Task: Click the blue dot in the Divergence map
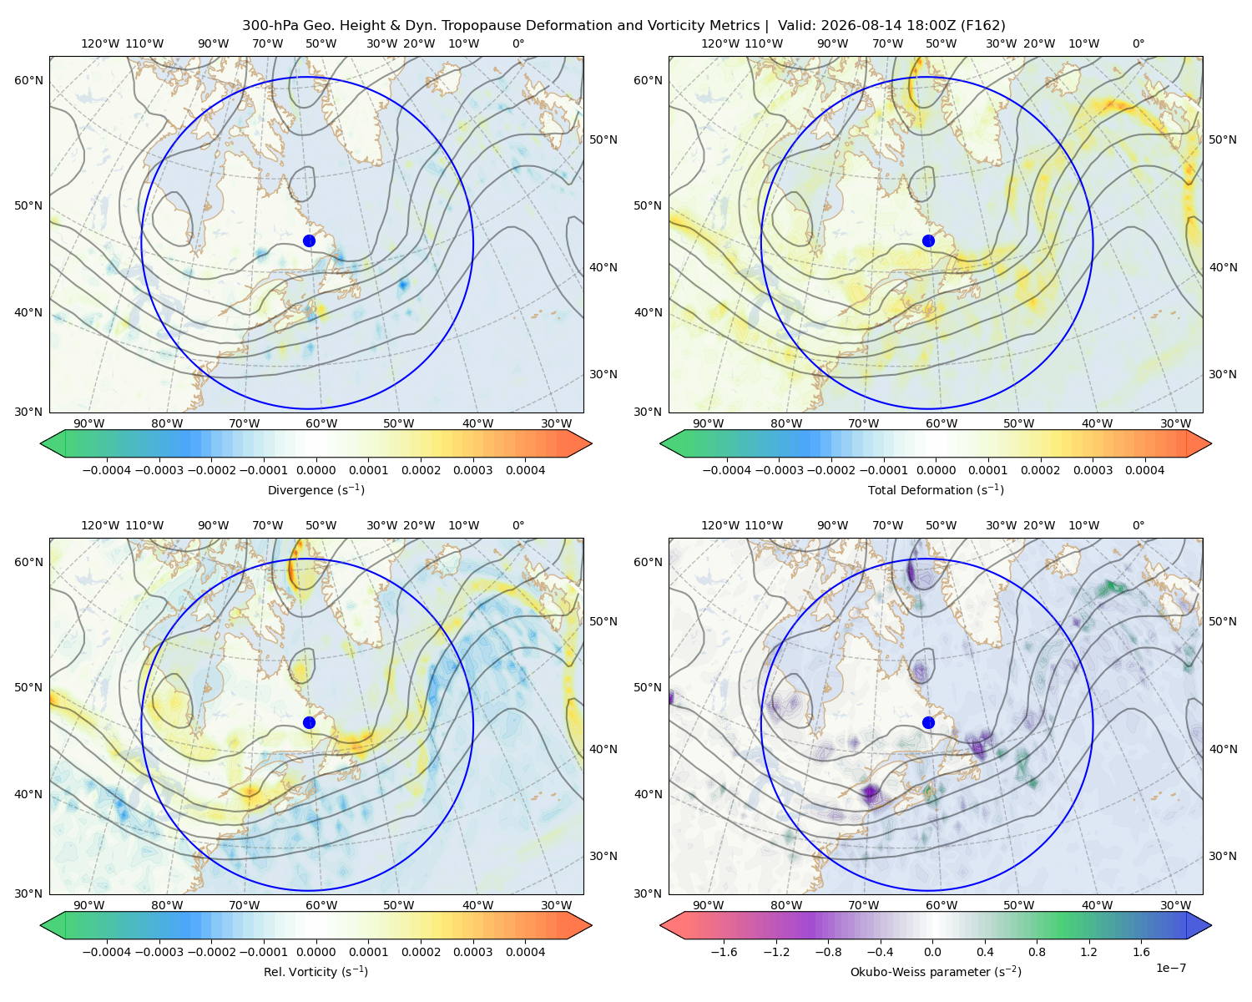[309, 241]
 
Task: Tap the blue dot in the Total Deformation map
[928, 241]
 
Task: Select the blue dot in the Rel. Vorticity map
[309, 722]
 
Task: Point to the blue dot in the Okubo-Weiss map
[928, 722]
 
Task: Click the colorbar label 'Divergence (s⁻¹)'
[316, 490]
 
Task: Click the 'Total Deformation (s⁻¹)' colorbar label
[936, 490]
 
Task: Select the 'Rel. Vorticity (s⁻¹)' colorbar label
[316, 972]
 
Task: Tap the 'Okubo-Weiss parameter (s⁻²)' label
[936, 972]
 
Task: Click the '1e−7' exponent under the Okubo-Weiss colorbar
[1170, 969]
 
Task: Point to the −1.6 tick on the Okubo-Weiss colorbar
[724, 952]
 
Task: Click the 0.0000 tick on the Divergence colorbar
[316, 470]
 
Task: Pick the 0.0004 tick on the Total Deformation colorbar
[1145, 470]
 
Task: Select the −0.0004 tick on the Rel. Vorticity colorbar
[107, 952]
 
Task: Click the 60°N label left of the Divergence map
[28, 80]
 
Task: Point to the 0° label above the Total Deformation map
[1138, 43]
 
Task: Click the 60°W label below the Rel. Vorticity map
[321, 905]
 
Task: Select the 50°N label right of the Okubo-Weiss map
[1223, 621]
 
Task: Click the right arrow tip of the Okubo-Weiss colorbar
[1211, 925]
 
